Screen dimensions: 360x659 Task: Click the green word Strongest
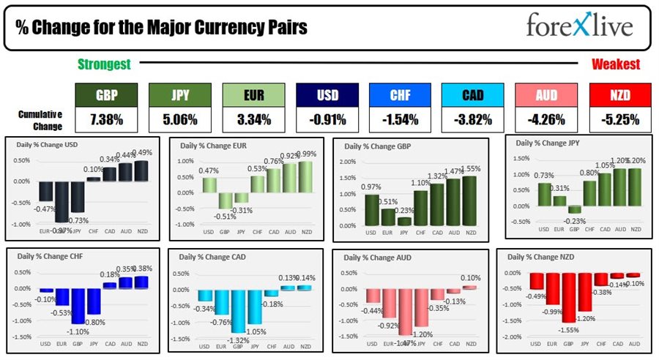tap(104, 64)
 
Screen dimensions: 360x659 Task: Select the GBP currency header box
tap(106, 94)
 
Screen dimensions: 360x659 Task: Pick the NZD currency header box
tap(619, 94)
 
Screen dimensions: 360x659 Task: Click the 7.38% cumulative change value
tap(106, 119)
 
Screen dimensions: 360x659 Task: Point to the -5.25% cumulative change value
tap(619, 119)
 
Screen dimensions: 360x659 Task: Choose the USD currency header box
tap(327, 94)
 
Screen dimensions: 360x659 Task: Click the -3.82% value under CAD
tap(473, 119)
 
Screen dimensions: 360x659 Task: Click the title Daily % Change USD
tap(48, 144)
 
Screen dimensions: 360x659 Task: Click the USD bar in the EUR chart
tap(209, 187)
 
